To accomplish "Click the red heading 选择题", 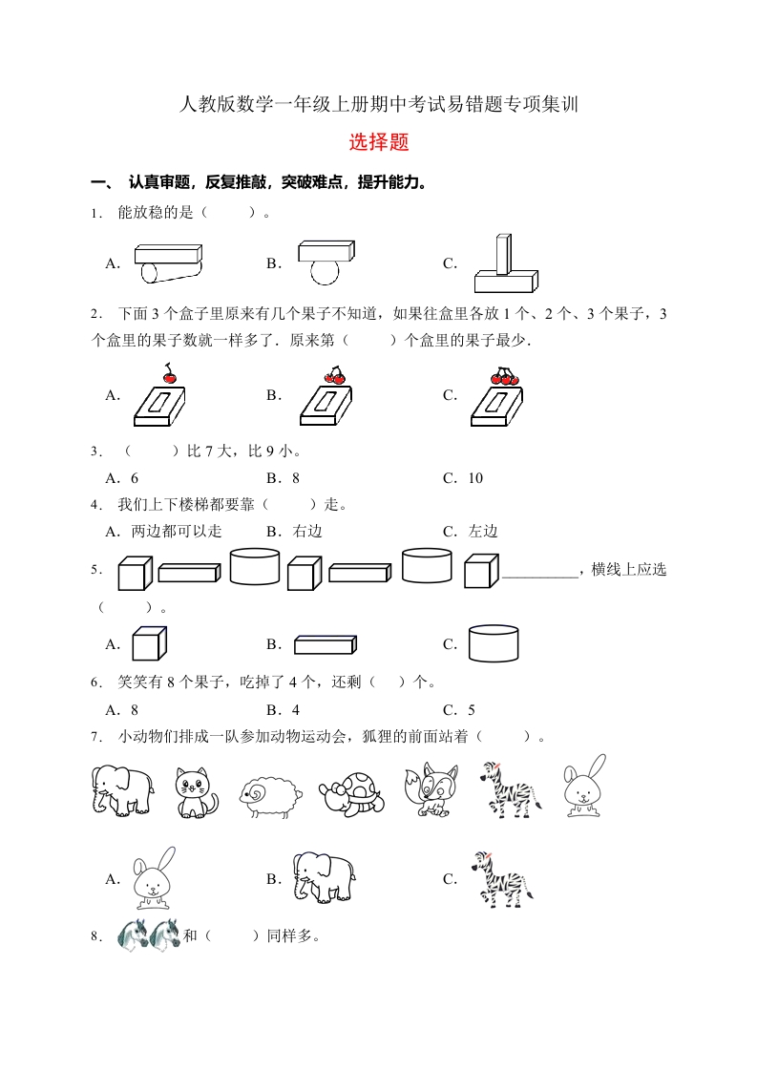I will [379, 143].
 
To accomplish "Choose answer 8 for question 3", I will [296, 478].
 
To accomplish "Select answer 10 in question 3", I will [475, 478].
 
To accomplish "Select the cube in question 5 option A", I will [149, 643].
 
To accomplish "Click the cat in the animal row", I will [196, 791].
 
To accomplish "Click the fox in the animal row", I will [431, 788].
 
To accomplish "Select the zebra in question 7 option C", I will [500, 879].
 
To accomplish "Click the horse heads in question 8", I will [149, 934].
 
